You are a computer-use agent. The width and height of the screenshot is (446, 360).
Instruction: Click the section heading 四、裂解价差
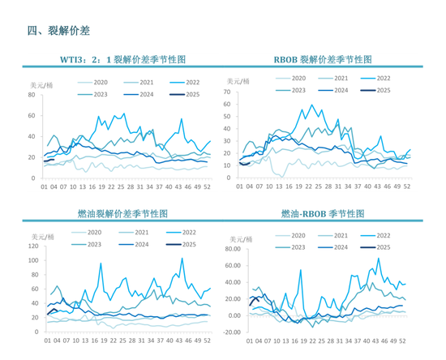[58, 31]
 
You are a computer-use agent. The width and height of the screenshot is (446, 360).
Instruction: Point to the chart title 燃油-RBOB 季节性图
[323, 214]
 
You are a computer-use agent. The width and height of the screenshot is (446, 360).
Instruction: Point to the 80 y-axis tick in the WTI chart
[32, 95]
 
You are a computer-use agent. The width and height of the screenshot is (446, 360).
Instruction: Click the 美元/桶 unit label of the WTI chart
[41, 84]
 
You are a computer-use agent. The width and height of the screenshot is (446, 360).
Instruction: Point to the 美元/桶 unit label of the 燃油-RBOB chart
[243, 239]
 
